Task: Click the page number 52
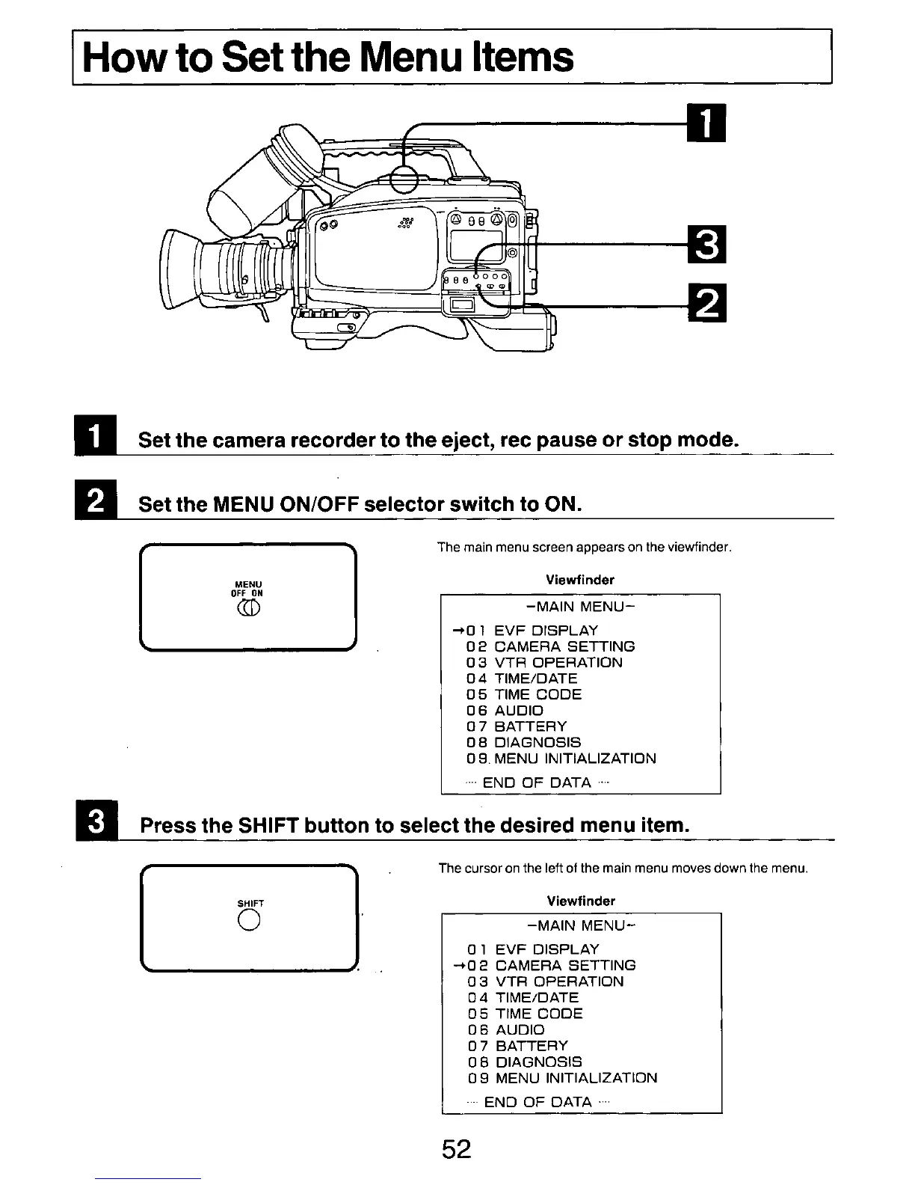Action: [x=456, y=1149]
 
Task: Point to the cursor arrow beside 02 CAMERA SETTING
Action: [x=457, y=965]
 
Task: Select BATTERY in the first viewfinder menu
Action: [x=531, y=726]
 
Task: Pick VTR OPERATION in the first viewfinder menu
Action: [x=558, y=663]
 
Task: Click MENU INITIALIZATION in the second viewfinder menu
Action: [x=576, y=1078]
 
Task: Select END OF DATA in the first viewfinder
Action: [x=537, y=783]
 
